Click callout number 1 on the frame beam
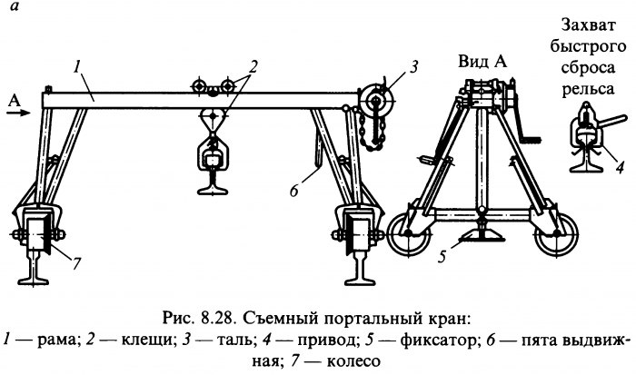coord(77,68)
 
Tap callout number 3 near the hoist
coord(413,67)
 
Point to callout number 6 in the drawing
coord(294,190)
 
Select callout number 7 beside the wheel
coord(76,264)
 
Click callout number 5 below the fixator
coord(442,257)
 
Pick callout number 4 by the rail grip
coord(620,167)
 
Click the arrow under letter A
coord(18,113)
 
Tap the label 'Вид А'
coord(482,62)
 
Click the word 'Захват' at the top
coord(588,25)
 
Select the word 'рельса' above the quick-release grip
coord(588,88)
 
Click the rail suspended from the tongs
coord(212,182)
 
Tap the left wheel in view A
coord(408,234)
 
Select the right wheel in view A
coord(557,234)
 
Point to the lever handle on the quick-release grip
coord(612,123)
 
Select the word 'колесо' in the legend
coord(353,360)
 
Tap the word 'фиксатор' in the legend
coord(437,340)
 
